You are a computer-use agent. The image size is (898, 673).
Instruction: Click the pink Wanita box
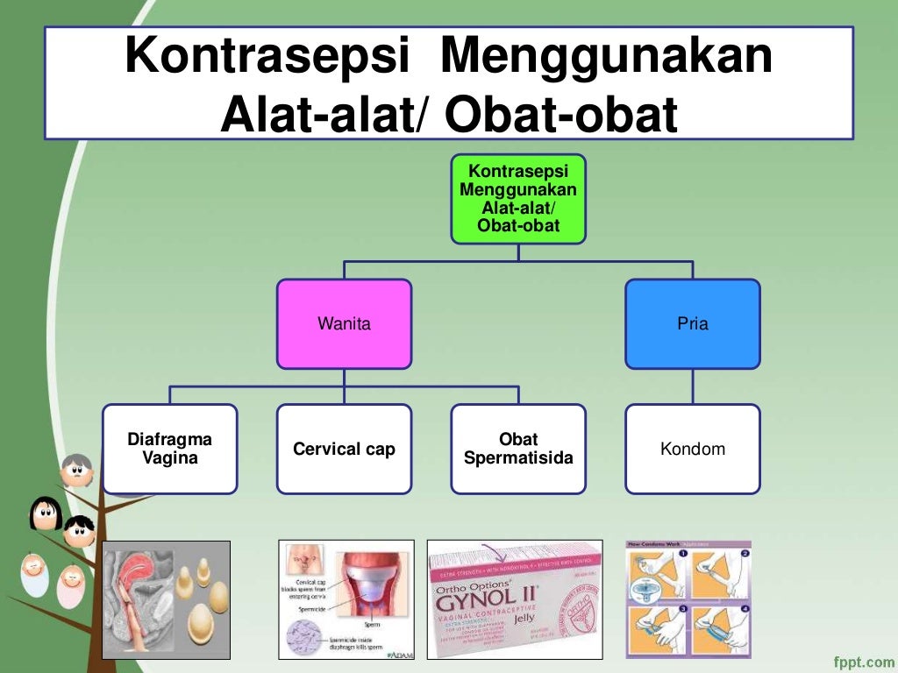tap(344, 323)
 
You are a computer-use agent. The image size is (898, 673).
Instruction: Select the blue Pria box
tap(692, 323)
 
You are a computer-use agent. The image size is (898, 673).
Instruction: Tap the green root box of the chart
tap(518, 199)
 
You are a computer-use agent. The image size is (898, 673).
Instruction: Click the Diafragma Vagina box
tap(170, 449)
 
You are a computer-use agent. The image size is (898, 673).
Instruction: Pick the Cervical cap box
tap(344, 449)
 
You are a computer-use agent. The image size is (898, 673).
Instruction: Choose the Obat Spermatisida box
tap(518, 449)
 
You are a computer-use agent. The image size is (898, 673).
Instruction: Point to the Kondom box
tap(692, 449)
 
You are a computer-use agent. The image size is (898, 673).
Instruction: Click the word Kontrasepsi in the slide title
tap(267, 57)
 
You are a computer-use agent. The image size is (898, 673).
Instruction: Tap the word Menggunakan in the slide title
tap(607, 57)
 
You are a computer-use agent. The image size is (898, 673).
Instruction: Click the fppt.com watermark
tap(860, 658)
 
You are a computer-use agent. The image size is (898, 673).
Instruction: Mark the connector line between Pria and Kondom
tap(692, 386)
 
